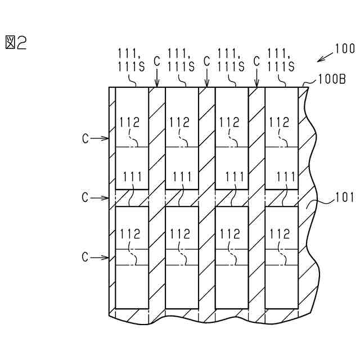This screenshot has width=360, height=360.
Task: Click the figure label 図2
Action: (x=16, y=43)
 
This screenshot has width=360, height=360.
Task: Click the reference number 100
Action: (x=345, y=49)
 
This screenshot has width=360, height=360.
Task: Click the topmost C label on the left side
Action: (x=85, y=138)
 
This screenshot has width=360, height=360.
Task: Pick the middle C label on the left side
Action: (x=85, y=198)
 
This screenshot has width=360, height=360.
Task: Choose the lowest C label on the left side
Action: (x=85, y=258)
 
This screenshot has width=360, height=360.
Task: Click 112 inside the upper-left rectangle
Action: (x=130, y=122)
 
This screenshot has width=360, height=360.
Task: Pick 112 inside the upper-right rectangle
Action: (x=280, y=122)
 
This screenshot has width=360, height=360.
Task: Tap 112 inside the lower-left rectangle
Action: (x=130, y=234)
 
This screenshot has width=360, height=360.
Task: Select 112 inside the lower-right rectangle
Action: (x=280, y=234)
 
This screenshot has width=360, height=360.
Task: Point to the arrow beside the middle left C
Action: (x=101, y=198)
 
